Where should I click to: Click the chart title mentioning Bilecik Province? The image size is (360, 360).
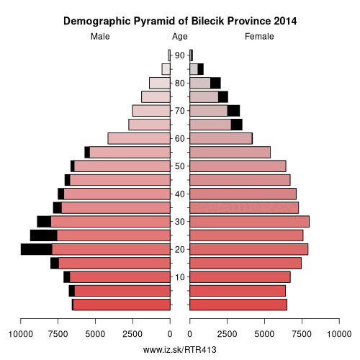[180, 22]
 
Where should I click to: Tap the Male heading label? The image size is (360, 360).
[100, 37]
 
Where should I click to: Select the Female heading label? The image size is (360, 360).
[259, 37]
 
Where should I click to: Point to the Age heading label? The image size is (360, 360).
[180, 37]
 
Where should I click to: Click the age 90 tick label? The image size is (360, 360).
[180, 55]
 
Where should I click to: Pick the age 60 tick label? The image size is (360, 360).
[180, 139]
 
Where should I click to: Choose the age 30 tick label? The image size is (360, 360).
[180, 222]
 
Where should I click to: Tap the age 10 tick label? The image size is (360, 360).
[180, 277]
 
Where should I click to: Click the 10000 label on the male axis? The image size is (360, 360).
[21, 334]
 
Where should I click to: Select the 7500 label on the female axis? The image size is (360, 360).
[302, 334]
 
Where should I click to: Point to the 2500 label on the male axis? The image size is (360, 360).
[132, 334]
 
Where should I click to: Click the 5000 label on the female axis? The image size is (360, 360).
[264, 334]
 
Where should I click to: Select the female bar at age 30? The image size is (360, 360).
[250, 222]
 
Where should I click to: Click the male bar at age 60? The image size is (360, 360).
[139, 138]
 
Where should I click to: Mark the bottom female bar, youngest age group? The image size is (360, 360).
[238, 305]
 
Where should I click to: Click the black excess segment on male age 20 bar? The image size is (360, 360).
[37, 249]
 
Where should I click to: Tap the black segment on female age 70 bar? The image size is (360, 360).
[233, 111]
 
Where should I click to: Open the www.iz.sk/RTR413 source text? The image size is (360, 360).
[180, 350]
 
